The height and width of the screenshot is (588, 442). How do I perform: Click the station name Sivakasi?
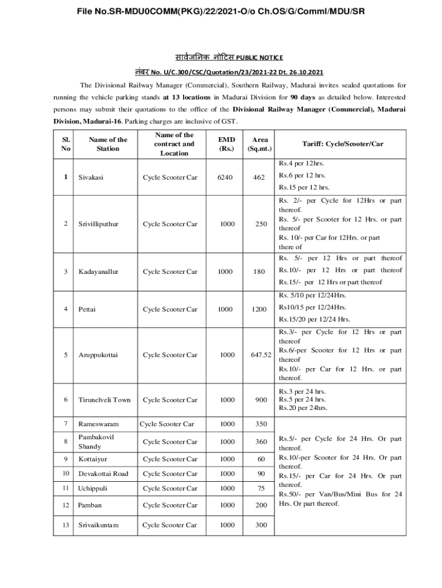[91, 177]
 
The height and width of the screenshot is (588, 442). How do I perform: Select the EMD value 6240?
[226, 177]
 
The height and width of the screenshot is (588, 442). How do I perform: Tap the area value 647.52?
[261, 355]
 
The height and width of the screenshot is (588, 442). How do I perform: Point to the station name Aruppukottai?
[98, 355]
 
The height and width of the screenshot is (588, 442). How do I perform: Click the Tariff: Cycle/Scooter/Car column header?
[343, 144]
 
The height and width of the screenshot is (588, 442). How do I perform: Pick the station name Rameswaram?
[98, 424]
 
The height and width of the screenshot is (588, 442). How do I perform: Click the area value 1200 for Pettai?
[259, 310]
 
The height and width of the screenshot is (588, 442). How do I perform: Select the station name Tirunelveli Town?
[104, 400]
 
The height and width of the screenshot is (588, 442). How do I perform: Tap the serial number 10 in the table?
[66, 474]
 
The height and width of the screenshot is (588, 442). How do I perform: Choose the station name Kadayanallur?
[98, 272]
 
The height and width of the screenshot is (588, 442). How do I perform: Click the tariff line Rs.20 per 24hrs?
[303, 408]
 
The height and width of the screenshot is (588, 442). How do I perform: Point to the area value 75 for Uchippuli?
[262, 489]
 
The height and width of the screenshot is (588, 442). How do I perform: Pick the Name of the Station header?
[108, 144]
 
